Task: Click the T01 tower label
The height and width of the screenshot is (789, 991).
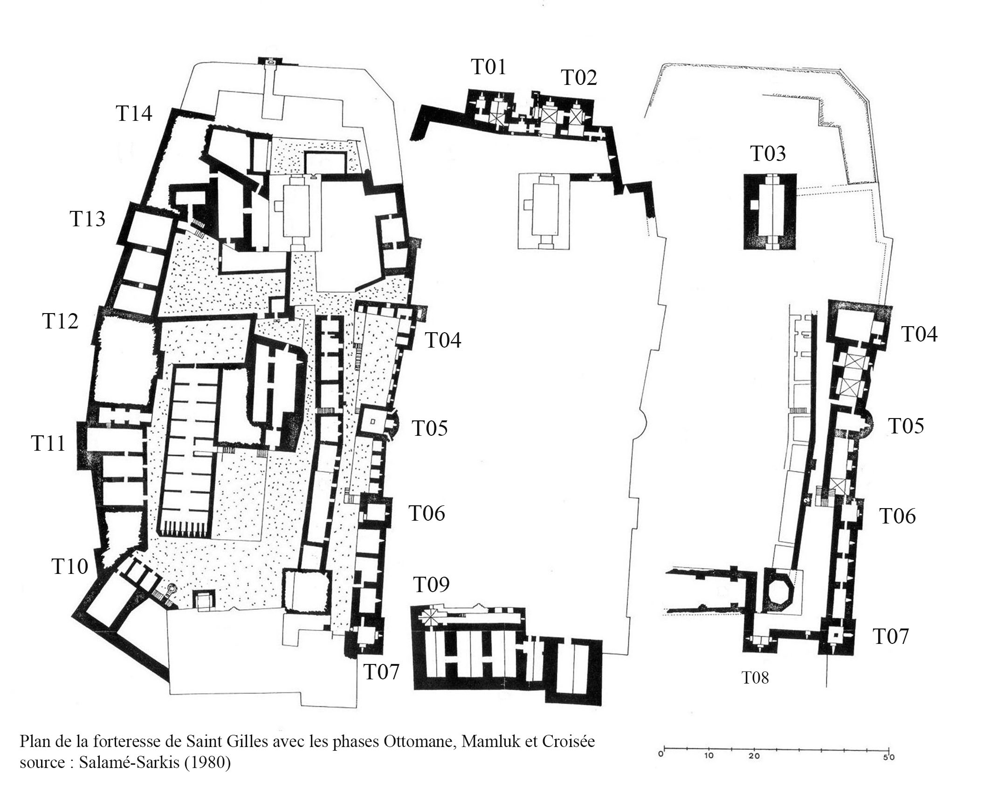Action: [489, 67]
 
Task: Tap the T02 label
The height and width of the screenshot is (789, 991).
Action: [579, 77]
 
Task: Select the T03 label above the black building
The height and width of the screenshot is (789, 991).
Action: [768, 154]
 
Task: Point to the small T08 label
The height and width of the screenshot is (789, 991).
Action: [755, 677]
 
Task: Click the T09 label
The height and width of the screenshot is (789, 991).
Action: [432, 585]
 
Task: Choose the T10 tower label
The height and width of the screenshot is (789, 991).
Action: [70, 566]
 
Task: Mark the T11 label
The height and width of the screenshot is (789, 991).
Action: [48, 443]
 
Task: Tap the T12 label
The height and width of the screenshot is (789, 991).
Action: [61, 321]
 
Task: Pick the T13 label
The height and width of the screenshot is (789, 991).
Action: [88, 219]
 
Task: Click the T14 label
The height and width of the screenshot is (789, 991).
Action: [134, 113]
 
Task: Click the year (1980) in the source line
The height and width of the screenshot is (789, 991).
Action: [207, 762]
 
